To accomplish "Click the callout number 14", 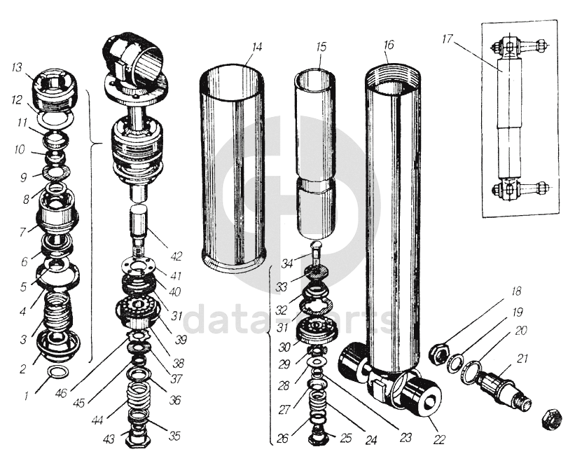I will coord(257,47).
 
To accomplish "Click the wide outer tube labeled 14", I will coord(233,168).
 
